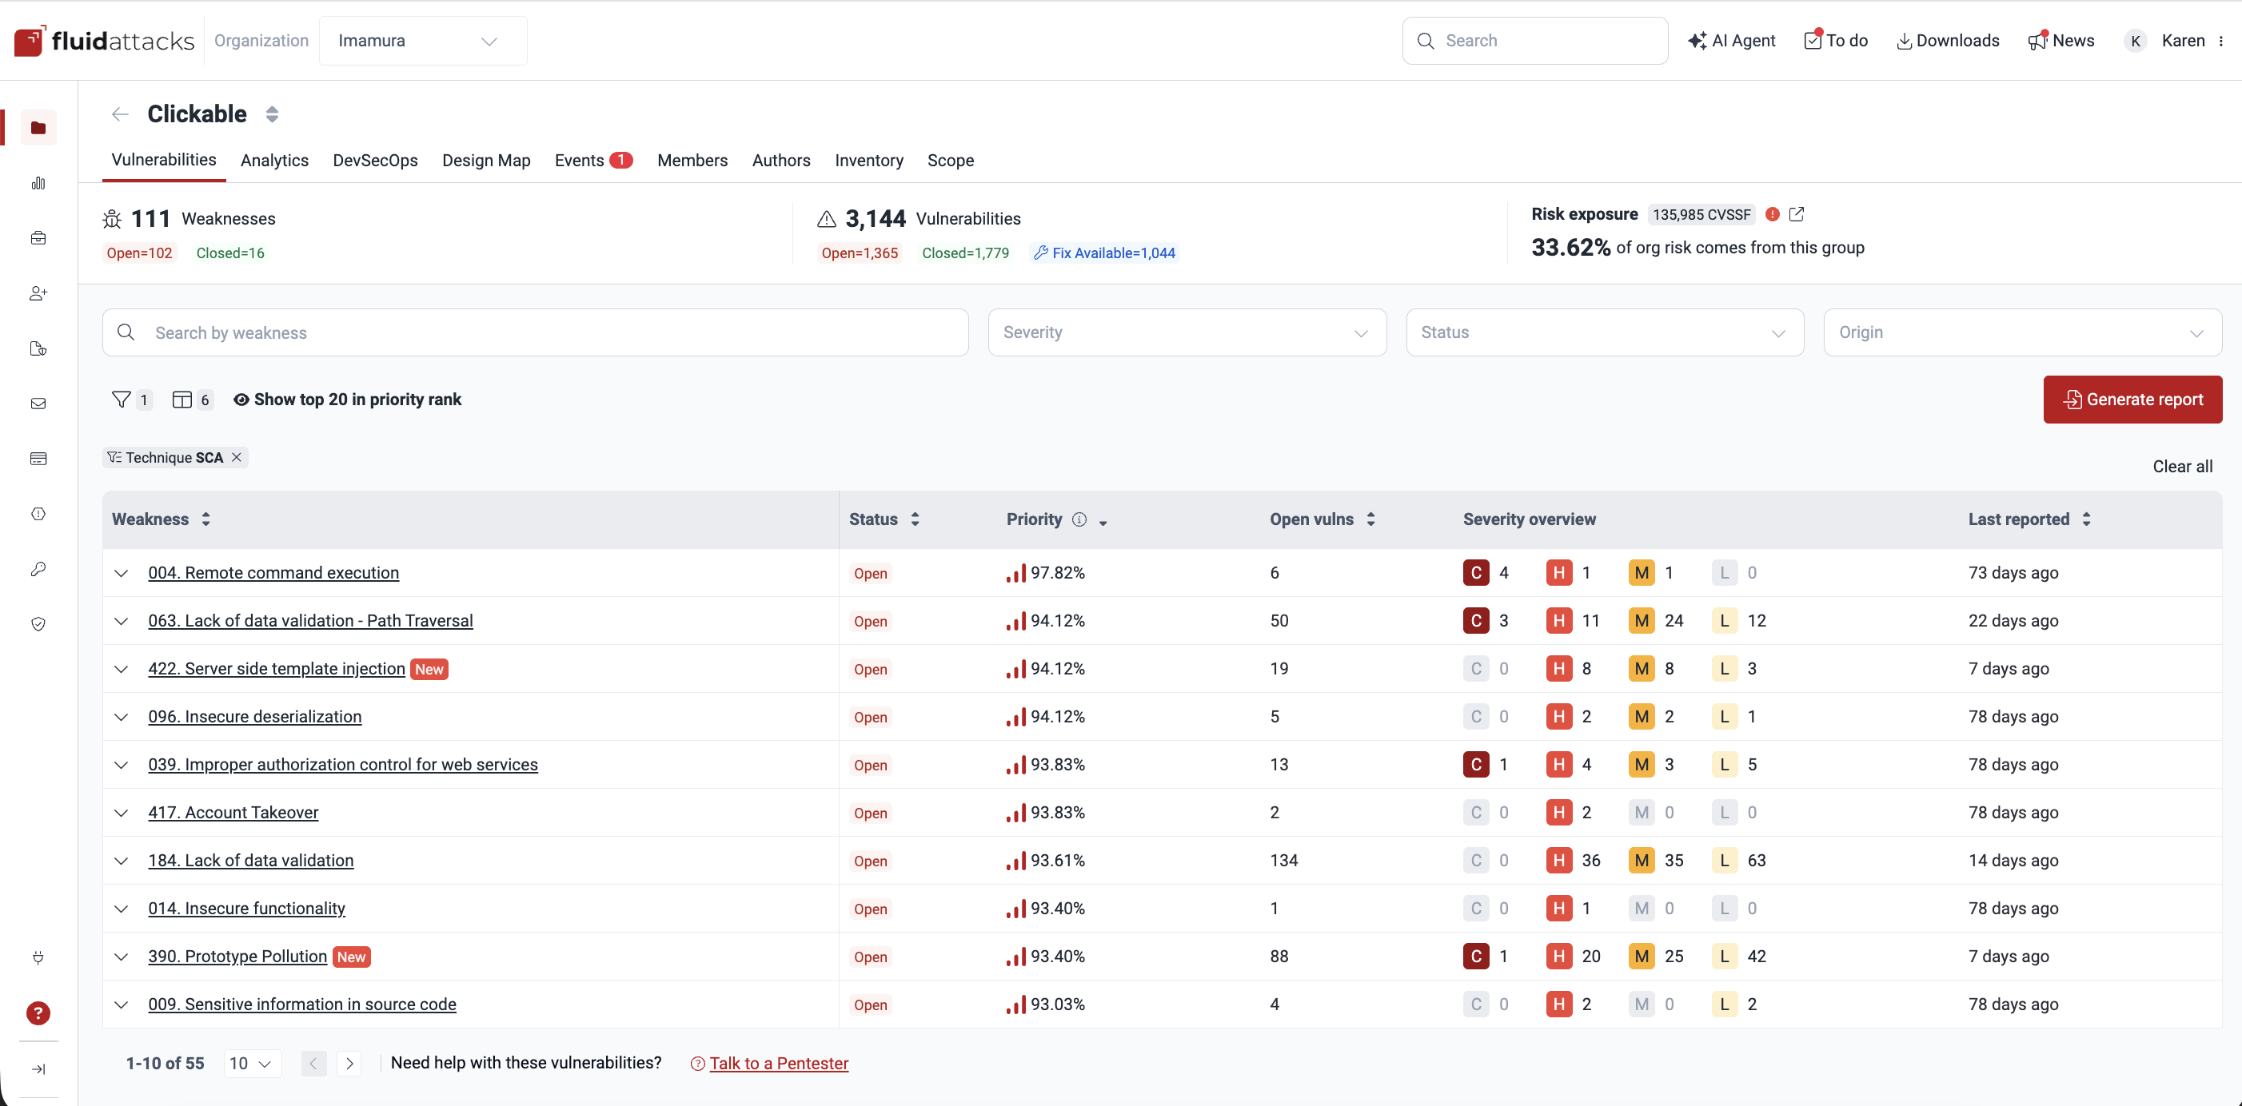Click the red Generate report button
click(2132, 400)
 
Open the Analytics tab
click(274, 160)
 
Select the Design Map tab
click(485, 160)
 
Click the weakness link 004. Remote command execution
click(273, 573)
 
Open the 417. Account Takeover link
click(233, 812)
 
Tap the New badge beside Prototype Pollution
click(352, 957)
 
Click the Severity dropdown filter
click(1187, 332)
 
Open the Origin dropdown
click(2022, 332)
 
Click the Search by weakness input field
click(549, 332)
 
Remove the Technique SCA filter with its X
click(237, 457)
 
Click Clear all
click(2182, 467)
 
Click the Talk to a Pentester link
click(778, 1064)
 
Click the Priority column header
click(1034, 519)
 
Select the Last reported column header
click(2018, 519)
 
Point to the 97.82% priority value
click(1058, 573)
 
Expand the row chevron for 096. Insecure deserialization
click(122, 717)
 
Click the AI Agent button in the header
click(1732, 41)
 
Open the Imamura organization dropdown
click(422, 41)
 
